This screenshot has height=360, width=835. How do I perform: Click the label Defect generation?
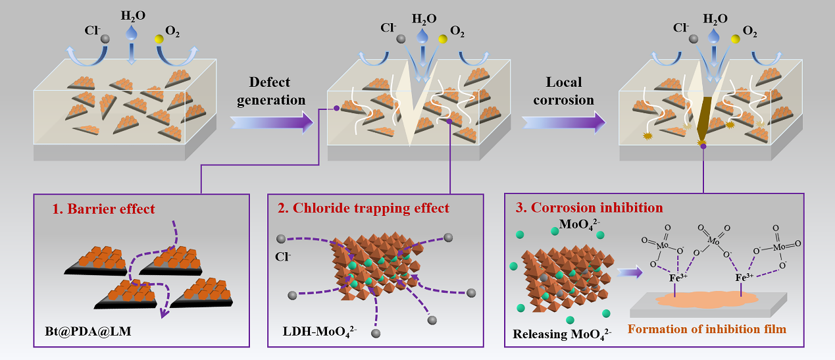click(x=277, y=91)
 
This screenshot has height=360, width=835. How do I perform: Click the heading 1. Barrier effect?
click(x=104, y=209)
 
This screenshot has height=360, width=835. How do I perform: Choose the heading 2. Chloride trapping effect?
click(x=363, y=209)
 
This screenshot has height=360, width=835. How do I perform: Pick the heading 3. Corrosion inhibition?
click(x=589, y=208)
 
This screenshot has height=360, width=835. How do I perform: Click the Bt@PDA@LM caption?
click(x=84, y=330)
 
